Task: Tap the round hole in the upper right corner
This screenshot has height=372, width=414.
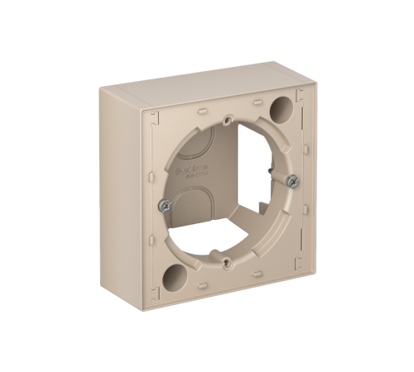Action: pos(282,108)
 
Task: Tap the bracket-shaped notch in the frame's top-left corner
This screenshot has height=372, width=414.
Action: pos(155,119)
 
